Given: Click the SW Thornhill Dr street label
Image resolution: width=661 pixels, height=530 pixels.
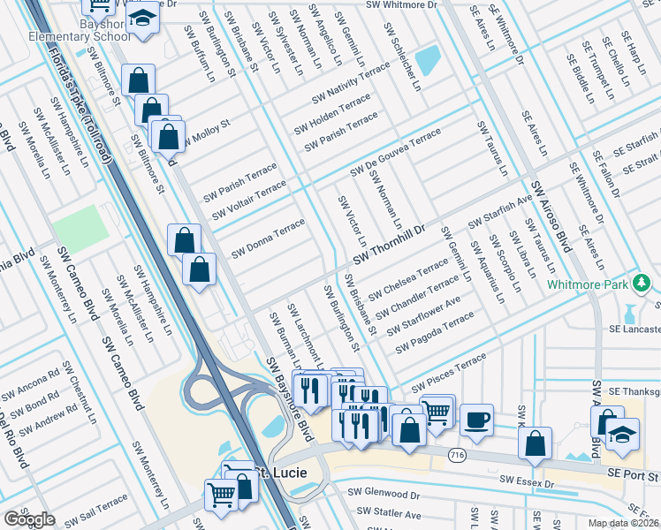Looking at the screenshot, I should pyautogui.click(x=389, y=244).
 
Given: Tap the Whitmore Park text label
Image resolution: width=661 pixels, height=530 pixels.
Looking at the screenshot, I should pyautogui.click(x=587, y=284).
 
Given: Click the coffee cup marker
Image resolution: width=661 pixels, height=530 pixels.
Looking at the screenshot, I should pyautogui.click(x=477, y=420).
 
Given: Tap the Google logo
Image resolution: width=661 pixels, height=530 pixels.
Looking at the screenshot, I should pyautogui.click(x=28, y=519).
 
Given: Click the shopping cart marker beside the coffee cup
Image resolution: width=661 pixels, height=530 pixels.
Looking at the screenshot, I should pyautogui.click(x=437, y=410).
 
